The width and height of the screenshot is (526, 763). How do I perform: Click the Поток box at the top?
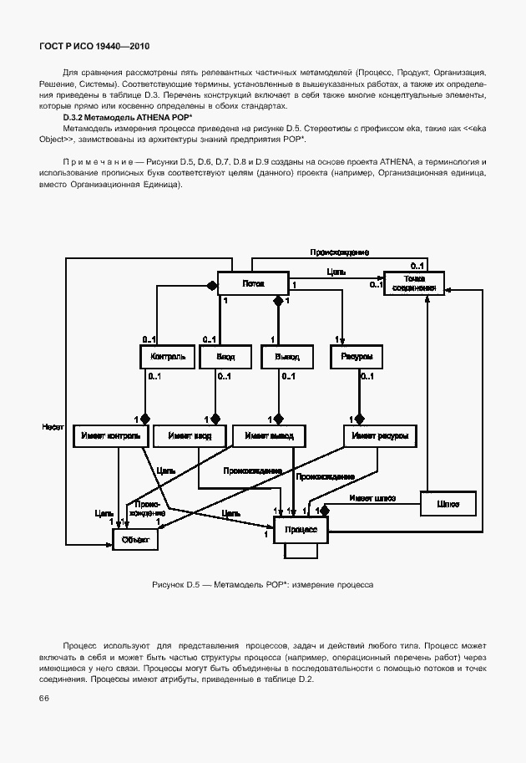click(252, 284)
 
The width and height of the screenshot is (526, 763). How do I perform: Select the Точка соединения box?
click(413, 283)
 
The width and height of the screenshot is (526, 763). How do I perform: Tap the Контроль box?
click(167, 357)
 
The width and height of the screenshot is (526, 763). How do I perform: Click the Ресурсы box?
click(357, 357)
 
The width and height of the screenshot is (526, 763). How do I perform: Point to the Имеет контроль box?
click(111, 435)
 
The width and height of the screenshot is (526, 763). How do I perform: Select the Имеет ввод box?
click(195, 435)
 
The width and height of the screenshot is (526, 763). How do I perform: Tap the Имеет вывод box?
click(269, 435)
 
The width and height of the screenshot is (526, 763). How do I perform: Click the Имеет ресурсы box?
click(379, 435)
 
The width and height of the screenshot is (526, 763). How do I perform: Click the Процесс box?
click(300, 529)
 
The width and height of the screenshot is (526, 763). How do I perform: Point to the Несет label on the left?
click(53, 427)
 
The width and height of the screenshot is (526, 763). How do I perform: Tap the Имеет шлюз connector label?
click(372, 499)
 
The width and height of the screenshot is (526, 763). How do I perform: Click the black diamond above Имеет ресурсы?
click(361, 418)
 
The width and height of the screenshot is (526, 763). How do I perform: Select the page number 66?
click(43, 699)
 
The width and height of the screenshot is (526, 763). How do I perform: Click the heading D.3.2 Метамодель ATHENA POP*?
click(127, 118)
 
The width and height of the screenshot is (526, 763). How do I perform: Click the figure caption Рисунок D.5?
click(262, 584)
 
